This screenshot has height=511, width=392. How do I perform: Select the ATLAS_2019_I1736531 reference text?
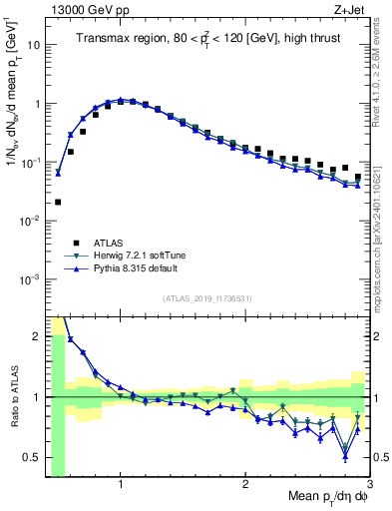pos(206,297)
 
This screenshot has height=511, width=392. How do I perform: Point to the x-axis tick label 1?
pos(121,484)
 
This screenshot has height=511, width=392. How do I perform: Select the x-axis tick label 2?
pos(245,484)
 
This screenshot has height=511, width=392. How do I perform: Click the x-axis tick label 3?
pos(369,484)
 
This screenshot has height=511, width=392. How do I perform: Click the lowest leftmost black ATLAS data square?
pos(58,202)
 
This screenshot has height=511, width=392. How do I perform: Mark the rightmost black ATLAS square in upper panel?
pos(358,177)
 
